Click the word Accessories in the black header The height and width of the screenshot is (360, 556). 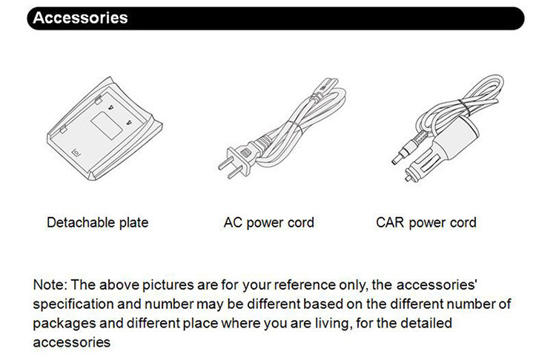pos(80,18)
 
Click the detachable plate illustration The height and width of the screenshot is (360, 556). pos(105,128)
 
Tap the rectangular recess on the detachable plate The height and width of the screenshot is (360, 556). pos(107,125)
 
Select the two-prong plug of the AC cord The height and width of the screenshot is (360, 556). pos(236,162)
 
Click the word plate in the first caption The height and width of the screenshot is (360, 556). pos(133,223)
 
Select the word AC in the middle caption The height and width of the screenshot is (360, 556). pos(233,222)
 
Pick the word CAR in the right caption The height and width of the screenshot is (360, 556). pos(390,222)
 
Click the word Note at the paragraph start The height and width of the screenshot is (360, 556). pos(50,284)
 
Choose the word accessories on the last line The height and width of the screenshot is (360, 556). pos(72,342)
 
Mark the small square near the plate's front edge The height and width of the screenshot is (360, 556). pos(76,153)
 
